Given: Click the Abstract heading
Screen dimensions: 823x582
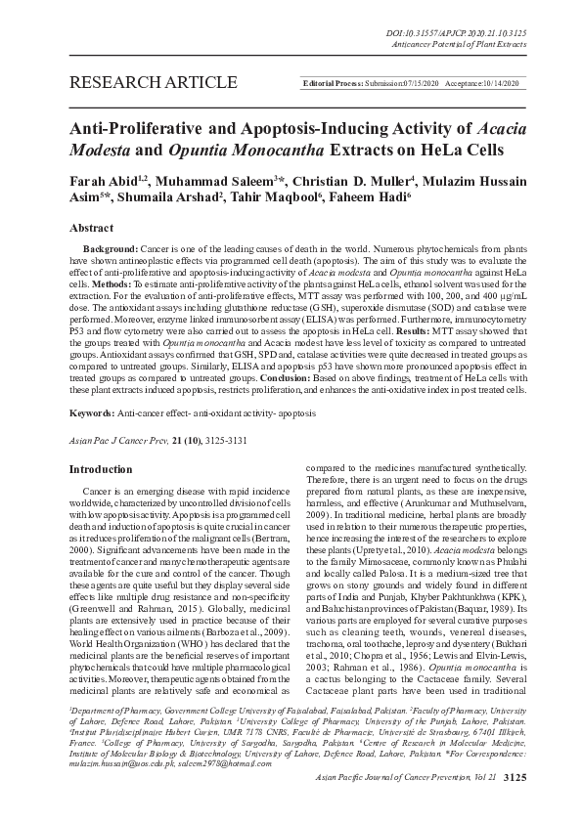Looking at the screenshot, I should tap(91, 227).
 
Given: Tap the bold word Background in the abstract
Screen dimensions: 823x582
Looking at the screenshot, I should tap(111, 251).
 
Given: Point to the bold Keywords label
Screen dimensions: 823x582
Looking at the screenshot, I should tap(97, 387).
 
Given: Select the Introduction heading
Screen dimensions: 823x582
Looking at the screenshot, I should tap(101, 469).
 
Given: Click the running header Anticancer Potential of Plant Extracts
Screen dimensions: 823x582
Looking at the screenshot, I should tap(464, 44).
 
